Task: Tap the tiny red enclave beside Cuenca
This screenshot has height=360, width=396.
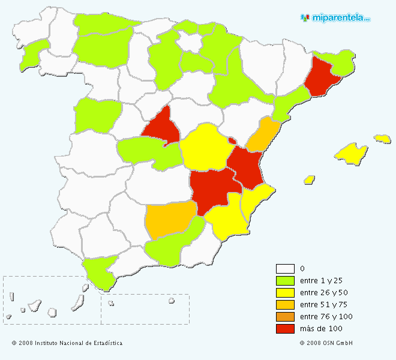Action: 232,141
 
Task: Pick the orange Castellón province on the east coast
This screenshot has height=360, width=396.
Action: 262,136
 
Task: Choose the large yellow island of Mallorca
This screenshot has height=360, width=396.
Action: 351,152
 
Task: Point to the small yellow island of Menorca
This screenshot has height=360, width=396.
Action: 382,139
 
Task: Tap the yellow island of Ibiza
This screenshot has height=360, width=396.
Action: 310,179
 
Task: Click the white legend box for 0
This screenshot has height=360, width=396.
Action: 285,269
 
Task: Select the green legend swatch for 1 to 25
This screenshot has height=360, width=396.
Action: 285,281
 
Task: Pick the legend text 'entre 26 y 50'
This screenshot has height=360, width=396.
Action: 323,293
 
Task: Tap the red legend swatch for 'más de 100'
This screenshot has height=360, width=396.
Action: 285,329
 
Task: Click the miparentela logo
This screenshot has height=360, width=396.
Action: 335,18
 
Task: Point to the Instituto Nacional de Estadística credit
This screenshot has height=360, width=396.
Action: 67,343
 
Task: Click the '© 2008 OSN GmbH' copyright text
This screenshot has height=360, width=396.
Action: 326,343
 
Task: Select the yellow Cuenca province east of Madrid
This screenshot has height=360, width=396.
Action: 203,148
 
